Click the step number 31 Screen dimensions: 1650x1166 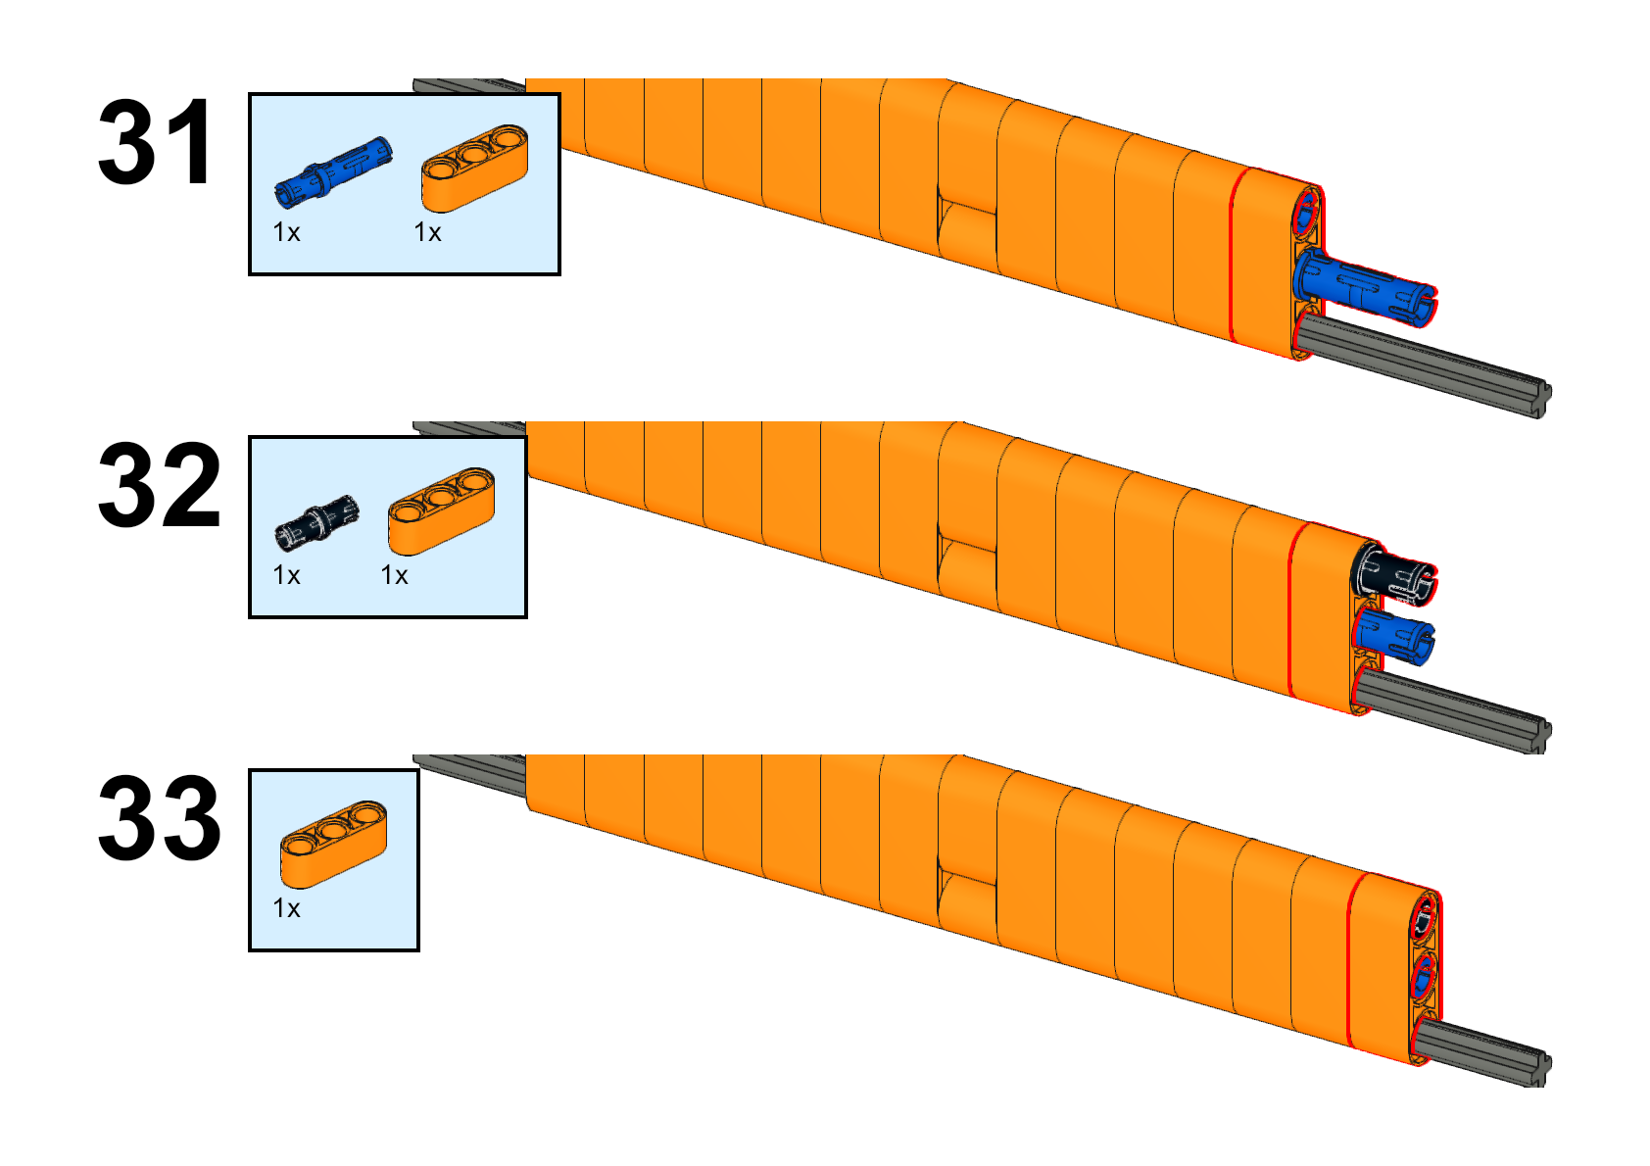tap(156, 142)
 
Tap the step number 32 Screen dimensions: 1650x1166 tap(159, 485)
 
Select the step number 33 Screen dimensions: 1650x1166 tap(159, 817)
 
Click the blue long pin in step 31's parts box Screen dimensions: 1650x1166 tap(333, 171)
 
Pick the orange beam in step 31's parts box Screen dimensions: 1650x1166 tap(474, 168)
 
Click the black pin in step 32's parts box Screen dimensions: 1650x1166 tap(316, 522)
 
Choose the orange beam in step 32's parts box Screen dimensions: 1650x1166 tap(441, 510)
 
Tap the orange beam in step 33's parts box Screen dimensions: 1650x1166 tap(333, 844)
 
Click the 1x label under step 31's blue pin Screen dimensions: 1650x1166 tap(286, 233)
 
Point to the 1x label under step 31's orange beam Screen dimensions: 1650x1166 tap(427, 233)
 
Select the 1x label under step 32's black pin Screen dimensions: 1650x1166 tap(286, 575)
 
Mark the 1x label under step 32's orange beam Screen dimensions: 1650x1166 tap(394, 575)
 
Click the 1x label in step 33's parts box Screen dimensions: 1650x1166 tap(286, 908)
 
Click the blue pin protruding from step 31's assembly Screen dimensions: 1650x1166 tap(1364, 287)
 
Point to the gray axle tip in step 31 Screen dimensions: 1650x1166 tap(1544, 400)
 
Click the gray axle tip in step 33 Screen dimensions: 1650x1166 tap(1544, 1067)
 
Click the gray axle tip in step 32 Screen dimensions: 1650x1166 tap(1544, 734)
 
